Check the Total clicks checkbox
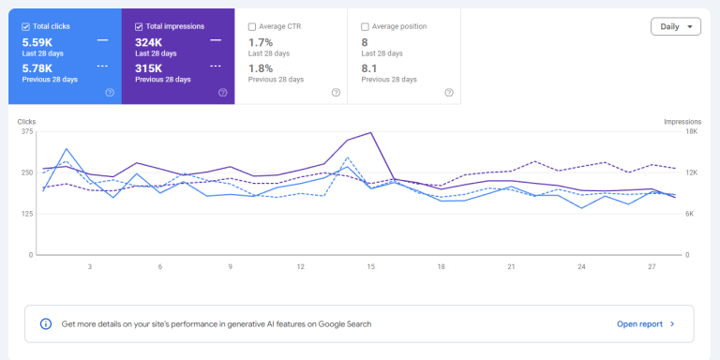25,26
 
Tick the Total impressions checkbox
139,26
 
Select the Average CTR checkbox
251,26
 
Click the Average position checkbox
365,26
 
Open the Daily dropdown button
675,26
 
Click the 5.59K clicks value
37,43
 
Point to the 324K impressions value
148,43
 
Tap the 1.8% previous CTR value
261,68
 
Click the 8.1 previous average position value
369,68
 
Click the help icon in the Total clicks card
110,92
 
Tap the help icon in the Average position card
449,92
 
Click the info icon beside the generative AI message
46,323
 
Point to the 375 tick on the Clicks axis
27,132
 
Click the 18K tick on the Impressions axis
692,132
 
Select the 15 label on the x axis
370,267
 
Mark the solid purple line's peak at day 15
370,132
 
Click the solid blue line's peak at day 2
67,149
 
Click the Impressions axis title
682,122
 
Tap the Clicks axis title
26,122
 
